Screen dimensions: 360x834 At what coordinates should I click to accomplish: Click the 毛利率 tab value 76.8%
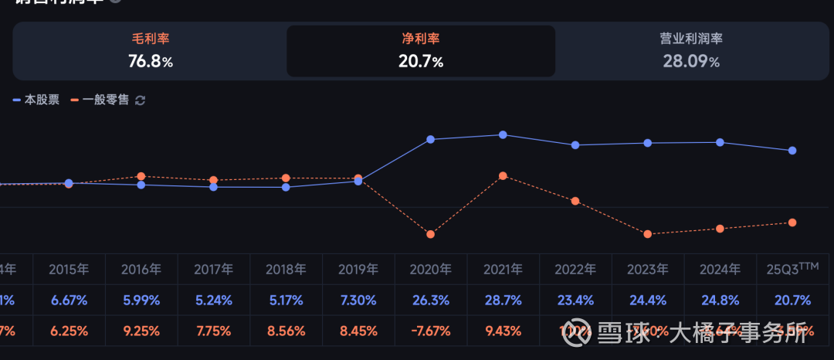pyautogui.click(x=151, y=62)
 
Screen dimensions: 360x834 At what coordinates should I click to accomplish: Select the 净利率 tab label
pyautogui.click(x=421, y=39)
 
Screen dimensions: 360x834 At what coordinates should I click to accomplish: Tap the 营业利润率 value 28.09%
pyautogui.click(x=691, y=62)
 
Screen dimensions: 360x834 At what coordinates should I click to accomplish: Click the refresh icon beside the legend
pyautogui.click(x=141, y=100)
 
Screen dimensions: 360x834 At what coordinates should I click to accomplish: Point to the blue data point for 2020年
pyautogui.click(x=431, y=140)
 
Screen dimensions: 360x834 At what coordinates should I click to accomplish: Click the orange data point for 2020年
pyautogui.click(x=431, y=234)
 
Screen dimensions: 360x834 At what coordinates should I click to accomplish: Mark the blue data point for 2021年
pyautogui.click(x=503, y=134)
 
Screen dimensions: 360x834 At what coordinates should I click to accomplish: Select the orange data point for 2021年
pyautogui.click(x=503, y=176)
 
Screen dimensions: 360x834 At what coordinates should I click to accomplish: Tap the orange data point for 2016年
pyautogui.click(x=141, y=176)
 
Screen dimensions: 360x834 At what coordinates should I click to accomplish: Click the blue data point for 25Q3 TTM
pyautogui.click(x=792, y=151)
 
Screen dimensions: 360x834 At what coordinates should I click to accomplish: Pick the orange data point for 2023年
pyautogui.click(x=648, y=234)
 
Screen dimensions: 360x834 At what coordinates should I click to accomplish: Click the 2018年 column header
pyautogui.click(x=286, y=270)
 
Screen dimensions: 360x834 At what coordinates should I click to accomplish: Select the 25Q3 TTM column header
pyautogui.click(x=792, y=269)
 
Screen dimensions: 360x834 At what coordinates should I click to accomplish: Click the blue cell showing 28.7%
pyautogui.click(x=503, y=301)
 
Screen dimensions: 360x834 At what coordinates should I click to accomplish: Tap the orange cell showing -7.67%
pyautogui.click(x=431, y=331)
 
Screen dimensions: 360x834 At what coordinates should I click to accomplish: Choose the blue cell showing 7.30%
pyautogui.click(x=358, y=301)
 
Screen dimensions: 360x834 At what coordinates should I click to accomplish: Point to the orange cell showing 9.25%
pyautogui.click(x=141, y=331)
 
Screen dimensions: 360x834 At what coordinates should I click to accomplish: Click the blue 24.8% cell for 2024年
pyautogui.click(x=720, y=301)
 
